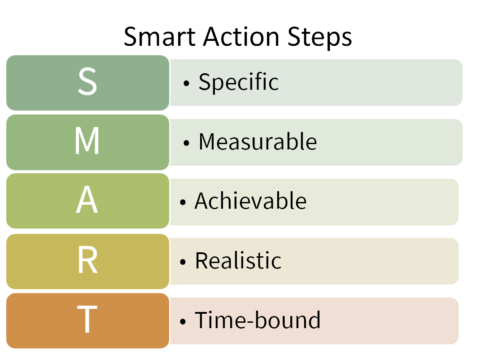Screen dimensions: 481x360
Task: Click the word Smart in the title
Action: click(160, 36)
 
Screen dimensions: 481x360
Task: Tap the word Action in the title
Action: click(241, 36)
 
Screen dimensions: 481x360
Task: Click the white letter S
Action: click(87, 81)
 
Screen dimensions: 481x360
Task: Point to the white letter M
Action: click(87, 140)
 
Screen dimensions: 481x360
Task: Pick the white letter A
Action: click(87, 200)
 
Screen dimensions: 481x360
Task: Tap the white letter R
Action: click(88, 260)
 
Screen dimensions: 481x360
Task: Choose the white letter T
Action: click(87, 319)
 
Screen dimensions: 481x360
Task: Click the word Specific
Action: click(239, 82)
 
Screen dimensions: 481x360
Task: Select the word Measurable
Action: click(258, 142)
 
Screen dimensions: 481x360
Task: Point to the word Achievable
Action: click(251, 201)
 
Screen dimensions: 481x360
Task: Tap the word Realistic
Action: click(238, 260)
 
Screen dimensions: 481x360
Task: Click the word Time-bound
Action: click(258, 320)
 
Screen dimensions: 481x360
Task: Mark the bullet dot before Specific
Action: click(187, 83)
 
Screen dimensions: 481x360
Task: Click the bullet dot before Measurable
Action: click(187, 143)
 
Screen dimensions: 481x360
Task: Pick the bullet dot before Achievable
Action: click(183, 202)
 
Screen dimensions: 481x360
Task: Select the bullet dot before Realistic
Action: click(183, 262)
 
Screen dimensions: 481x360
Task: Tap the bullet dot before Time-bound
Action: click(183, 321)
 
